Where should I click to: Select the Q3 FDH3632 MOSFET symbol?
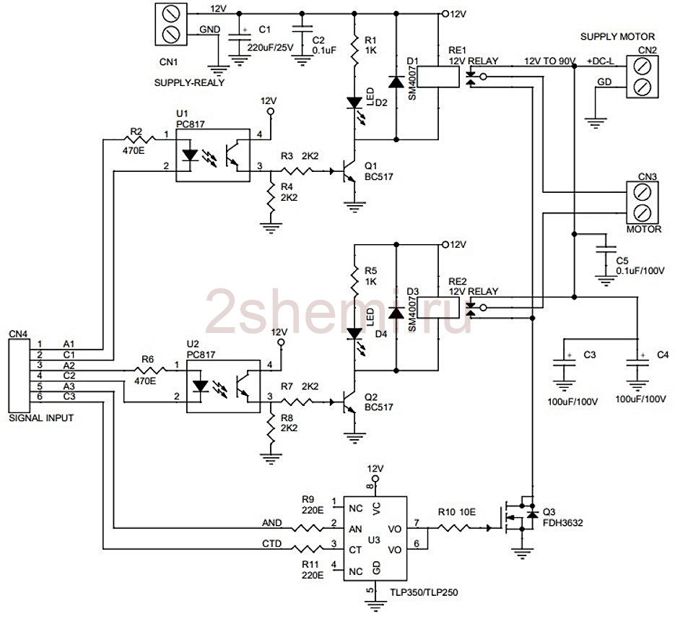point(520,517)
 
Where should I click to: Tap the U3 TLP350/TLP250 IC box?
point(375,538)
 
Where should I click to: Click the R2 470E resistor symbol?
point(139,139)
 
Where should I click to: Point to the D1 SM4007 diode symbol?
point(396,82)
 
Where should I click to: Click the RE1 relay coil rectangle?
point(438,77)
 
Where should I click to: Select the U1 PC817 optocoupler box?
point(213,155)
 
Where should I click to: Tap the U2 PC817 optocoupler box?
point(223,386)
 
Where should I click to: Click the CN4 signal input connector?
point(19,376)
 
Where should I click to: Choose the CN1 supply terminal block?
point(171,25)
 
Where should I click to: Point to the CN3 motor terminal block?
point(642,202)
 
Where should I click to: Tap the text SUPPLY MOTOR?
point(617,36)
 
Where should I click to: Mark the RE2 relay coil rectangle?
point(438,308)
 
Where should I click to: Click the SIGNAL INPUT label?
point(41,417)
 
